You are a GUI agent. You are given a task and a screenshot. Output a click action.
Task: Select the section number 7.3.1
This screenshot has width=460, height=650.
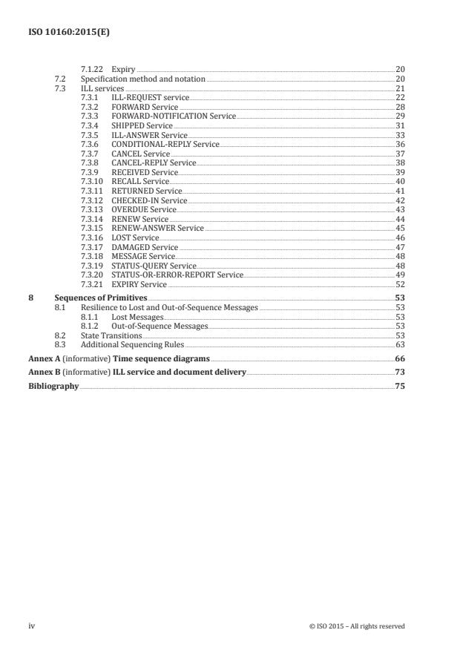(x=89, y=98)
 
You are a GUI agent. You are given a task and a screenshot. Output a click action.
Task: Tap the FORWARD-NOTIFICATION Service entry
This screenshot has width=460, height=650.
(x=174, y=116)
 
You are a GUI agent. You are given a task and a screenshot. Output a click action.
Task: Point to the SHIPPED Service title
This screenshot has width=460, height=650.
(x=142, y=126)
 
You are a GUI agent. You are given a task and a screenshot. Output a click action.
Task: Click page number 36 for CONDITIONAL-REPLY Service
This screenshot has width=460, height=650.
(x=400, y=145)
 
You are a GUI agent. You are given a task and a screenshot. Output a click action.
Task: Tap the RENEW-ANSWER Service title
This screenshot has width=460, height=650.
(x=157, y=229)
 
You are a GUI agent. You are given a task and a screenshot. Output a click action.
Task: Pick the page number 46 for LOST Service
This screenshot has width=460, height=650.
(x=400, y=237)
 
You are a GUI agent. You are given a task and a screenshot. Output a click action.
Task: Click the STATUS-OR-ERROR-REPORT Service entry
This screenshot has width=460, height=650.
(x=177, y=275)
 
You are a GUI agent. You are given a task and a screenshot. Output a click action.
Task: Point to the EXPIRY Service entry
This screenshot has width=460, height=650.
(x=139, y=284)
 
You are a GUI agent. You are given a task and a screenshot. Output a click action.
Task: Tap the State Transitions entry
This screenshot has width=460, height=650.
(x=111, y=335)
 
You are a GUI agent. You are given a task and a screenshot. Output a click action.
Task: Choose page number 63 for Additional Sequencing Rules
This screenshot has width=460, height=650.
(x=400, y=344)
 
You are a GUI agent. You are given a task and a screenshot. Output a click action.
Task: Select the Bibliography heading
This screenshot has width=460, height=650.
(x=53, y=386)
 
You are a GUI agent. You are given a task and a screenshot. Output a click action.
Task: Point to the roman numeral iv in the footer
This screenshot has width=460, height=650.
(x=32, y=626)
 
